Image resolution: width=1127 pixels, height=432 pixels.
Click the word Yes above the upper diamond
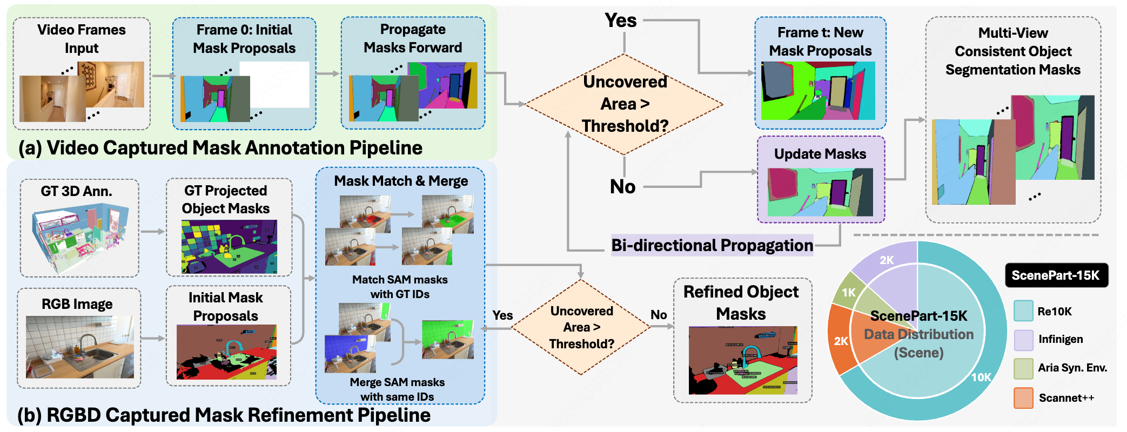[621, 21]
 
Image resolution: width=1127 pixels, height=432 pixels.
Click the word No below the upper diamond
[622, 187]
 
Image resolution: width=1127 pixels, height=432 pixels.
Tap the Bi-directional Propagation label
[712, 245]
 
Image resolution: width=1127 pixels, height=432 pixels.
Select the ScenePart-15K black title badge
[1056, 275]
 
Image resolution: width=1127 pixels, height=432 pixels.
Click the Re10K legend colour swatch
[1023, 311]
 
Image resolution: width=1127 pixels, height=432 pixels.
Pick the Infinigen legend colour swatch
[1023, 340]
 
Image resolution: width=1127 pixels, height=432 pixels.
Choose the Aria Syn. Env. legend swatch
[1023, 368]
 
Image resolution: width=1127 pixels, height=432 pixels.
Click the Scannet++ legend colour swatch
[1023, 398]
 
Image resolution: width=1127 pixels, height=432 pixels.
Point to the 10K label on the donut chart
[981, 377]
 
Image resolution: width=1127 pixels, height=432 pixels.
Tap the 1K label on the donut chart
[849, 293]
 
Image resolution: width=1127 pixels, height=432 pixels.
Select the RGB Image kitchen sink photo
[79, 347]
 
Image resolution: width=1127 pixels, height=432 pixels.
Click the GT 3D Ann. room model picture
[80, 237]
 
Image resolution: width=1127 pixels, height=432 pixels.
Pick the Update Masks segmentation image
[820, 192]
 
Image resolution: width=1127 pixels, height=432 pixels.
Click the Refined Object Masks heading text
[741, 302]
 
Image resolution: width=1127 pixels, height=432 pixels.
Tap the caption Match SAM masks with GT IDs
[400, 287]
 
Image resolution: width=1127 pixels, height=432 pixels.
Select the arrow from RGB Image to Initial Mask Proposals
[153, 338]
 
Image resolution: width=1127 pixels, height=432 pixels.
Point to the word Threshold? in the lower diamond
[581, 344]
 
